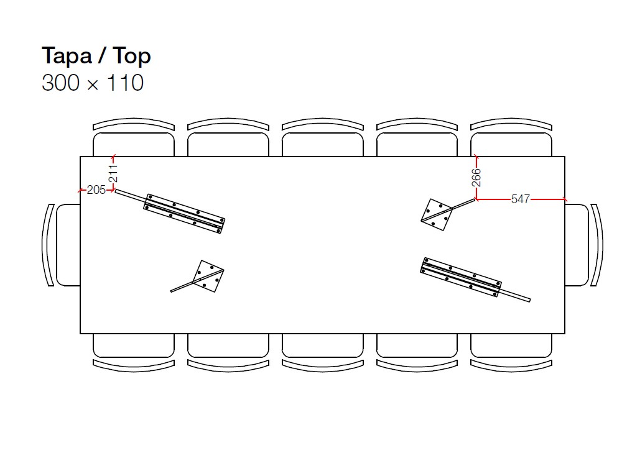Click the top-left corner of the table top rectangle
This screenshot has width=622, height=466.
click(80, 157)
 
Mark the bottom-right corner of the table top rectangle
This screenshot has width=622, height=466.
click(565, 333)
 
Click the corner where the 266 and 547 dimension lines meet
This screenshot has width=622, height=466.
click(476, 199)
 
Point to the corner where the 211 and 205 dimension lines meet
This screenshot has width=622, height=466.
click(114, 191)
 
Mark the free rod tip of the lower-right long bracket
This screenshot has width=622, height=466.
click(529, 300)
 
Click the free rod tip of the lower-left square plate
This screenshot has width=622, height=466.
click(172, 291)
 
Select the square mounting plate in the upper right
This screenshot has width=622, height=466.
click(437, 215)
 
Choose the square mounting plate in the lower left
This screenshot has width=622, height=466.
click(208, 276)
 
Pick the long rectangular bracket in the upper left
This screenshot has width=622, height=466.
click(184, 214)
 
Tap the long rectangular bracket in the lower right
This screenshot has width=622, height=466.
click(460, 277)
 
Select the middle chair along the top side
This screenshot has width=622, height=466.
click(322, 137)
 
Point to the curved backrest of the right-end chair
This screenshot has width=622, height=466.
click(597, 245)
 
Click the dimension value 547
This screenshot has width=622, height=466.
click(521, 199)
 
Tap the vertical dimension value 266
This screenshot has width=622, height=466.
click(476, 178)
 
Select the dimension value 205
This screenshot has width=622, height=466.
click(96, 190)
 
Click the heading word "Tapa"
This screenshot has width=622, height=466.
click(67, 56)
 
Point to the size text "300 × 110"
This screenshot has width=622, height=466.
click(93, 83)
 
